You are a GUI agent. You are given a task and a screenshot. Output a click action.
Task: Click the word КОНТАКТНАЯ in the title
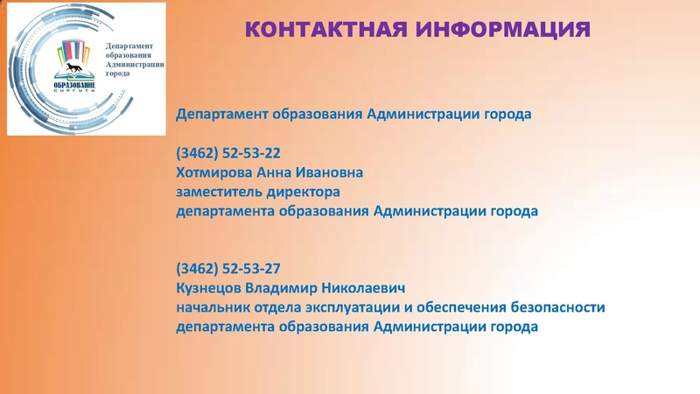click(x=320, y=29)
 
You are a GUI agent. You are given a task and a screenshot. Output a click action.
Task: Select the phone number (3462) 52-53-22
click(x=228, y=151)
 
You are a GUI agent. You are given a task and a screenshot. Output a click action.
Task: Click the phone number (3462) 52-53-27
click(x=228, y=268)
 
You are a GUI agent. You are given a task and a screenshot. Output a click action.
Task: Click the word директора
click(x=303, y=192)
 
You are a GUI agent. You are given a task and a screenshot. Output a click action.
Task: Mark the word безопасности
click(x=558, y=307)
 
